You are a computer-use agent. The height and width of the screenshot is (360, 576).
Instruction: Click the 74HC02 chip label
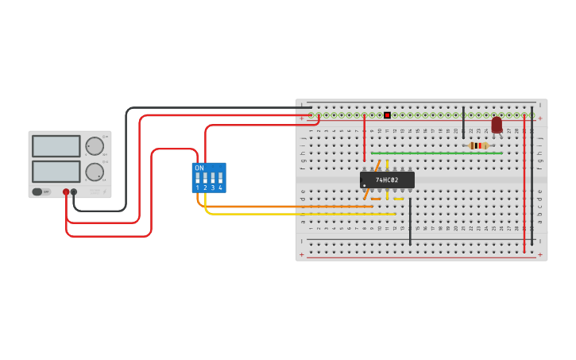point(387,180)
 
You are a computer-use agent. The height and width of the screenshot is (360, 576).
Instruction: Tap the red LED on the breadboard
point(497,125)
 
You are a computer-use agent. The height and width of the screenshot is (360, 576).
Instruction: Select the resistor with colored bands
point(477,145)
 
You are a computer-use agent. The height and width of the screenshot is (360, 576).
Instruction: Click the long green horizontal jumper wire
point(437,153)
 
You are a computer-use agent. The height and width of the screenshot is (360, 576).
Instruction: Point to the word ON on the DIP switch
point(199,168)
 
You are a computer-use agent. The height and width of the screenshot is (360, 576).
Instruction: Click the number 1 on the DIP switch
point(198,188)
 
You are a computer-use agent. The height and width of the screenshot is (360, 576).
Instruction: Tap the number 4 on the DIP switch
point(220,188)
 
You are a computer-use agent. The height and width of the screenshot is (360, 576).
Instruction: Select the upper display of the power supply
point(56,146)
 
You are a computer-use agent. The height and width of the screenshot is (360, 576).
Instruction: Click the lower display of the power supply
point(56,172)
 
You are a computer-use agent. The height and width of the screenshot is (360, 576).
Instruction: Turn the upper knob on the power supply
point(94,146)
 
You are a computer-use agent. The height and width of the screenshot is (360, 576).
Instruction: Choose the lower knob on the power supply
point(94,172)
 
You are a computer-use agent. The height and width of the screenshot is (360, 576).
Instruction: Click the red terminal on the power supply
point(66,192)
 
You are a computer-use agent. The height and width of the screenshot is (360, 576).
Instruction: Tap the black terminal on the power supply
point(74,192)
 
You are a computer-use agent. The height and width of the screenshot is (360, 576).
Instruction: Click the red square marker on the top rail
point(387,115)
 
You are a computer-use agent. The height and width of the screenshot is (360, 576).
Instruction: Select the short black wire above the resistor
point(463,123)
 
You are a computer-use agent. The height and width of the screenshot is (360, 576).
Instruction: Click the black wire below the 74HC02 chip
point(410,223)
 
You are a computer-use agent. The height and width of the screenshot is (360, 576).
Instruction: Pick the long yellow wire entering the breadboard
point(302,214)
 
